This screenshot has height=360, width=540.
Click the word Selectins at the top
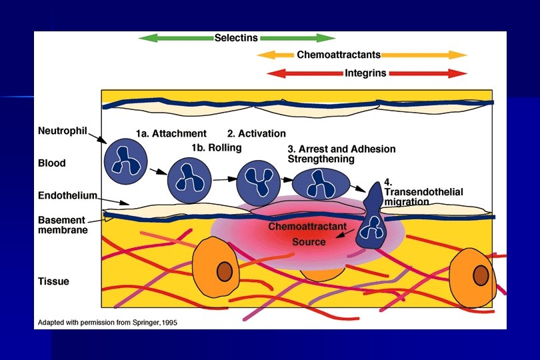point(236,38)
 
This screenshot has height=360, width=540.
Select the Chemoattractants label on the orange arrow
point(339,55)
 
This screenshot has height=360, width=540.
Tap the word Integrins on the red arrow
point(365,73)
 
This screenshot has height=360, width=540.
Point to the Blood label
point(51,163)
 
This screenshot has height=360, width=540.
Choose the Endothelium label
point(66,196)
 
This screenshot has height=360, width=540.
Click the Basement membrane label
point(61,225)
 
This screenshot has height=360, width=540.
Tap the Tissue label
point(53,281)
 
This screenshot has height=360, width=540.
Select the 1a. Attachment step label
point(171,133)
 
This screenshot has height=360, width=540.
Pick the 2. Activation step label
point(257,133)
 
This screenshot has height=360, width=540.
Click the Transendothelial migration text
point(423,192)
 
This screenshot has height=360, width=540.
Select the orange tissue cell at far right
point(474,275)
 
